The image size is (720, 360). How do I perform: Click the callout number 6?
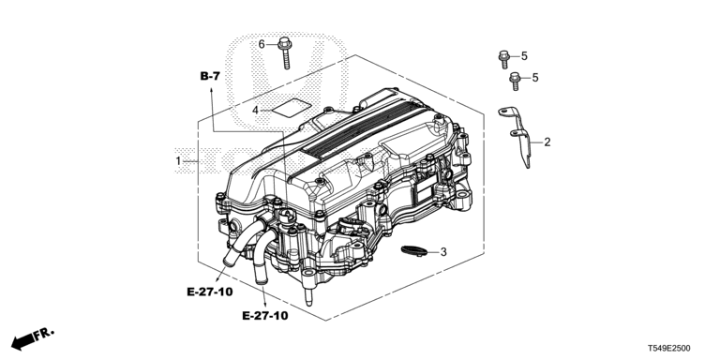tap(262, 44)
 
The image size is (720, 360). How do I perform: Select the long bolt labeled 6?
tap(285, 52)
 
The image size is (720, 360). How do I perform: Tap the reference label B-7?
tap(210, 76)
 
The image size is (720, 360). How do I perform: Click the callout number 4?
tap(255, 111)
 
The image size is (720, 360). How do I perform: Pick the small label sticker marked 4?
tap(292, 109)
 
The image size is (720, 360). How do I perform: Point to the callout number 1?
tap(178, 161)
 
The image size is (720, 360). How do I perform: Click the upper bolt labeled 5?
tap(503, 59)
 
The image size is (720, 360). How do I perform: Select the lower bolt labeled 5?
tap(515, 82)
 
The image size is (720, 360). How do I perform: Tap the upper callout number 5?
tap(524, 56)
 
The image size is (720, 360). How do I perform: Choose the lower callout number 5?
tap(535, 78)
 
